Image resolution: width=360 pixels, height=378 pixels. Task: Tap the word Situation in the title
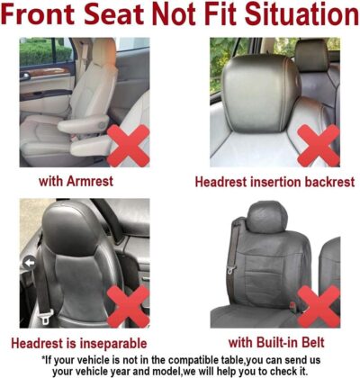coord(290,15)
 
